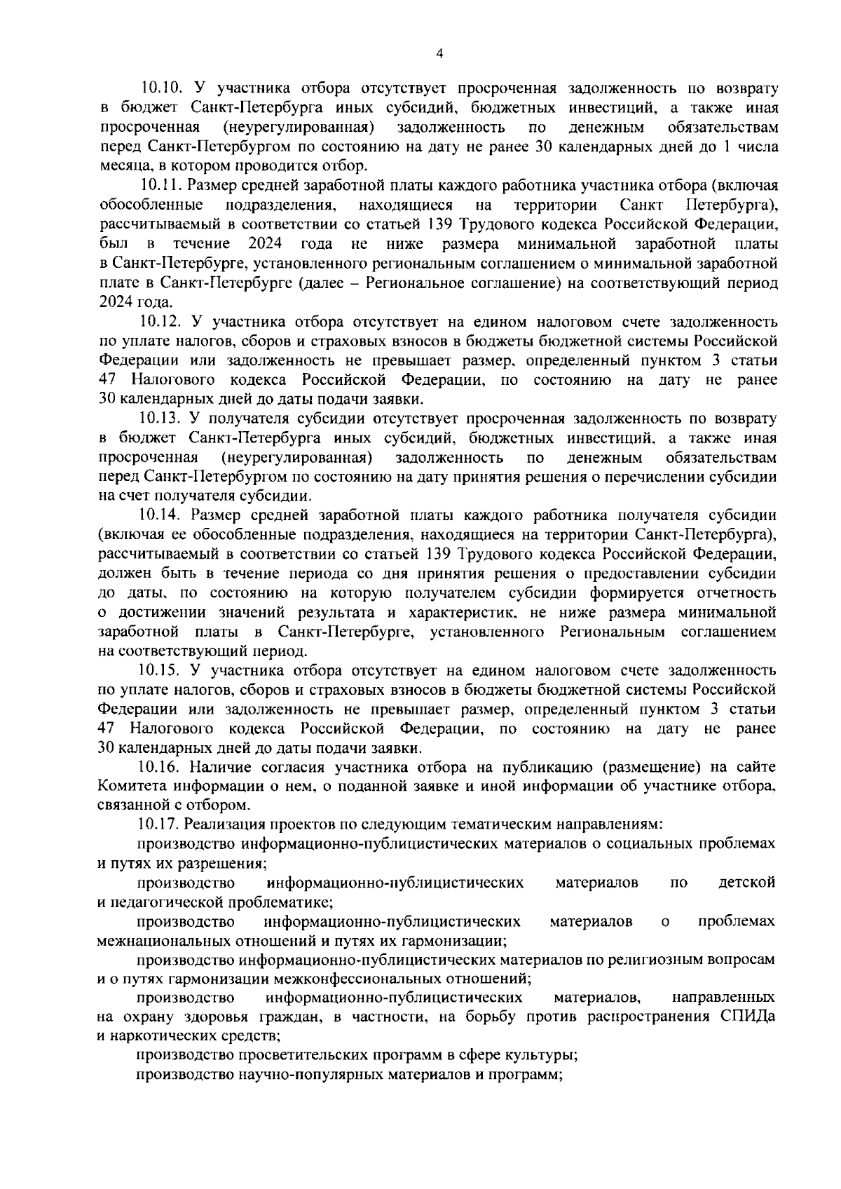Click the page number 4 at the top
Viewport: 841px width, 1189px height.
click(439, 53)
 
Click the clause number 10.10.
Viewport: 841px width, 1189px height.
click(161, 88)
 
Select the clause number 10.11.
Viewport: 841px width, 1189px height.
click(161, 185)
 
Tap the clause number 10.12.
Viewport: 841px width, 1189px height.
click(161, 322)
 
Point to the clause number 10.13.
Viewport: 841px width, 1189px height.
click(161, 419)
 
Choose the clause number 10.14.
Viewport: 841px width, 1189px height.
click(161, 515)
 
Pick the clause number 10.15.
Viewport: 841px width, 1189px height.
click(161, 670)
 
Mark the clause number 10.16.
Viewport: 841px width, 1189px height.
click(161, 766)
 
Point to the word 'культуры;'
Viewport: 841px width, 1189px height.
click(542, 1055)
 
